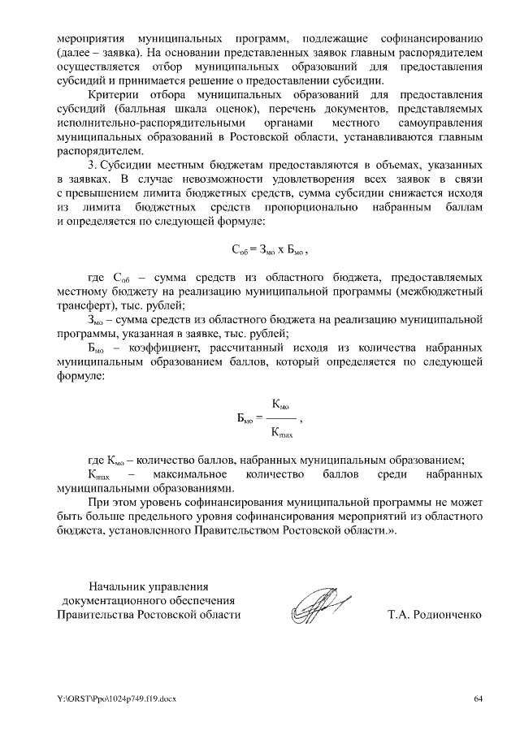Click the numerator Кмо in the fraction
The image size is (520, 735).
[x=281, y=404]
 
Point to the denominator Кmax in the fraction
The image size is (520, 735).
[x=282, y=431]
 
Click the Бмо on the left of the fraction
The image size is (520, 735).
[x=244, y=418]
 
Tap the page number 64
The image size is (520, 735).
[x=479, y=699]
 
